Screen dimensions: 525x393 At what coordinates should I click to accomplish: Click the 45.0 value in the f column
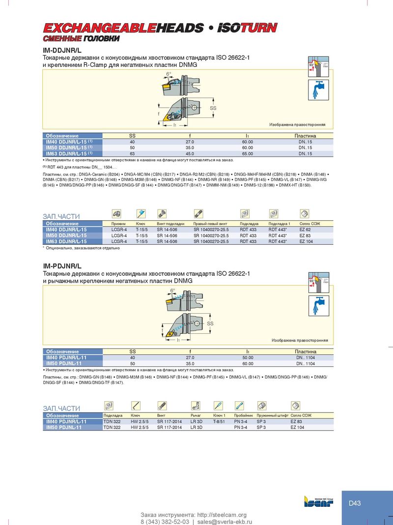tap(190, 153)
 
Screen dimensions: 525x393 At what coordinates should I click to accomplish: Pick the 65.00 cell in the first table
tap(248, 153)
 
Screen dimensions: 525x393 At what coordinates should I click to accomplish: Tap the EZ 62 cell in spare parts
tap(305, 230)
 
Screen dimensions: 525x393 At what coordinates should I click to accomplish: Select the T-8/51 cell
tap(219, 422)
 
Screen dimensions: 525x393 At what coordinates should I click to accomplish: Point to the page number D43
tap(355, 503)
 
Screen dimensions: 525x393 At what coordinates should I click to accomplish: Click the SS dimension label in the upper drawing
tap(213, 107)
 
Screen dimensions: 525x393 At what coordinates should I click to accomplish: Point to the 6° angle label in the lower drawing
tap(172, 291)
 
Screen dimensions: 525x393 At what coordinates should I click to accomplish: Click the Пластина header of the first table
tap(305, 136)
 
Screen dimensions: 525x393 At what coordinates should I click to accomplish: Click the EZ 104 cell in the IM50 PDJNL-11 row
tap(297, 428)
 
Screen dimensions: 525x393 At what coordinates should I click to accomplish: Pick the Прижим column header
tap(119, 224)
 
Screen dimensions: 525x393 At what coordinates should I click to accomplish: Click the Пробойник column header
tap(243, 416)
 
